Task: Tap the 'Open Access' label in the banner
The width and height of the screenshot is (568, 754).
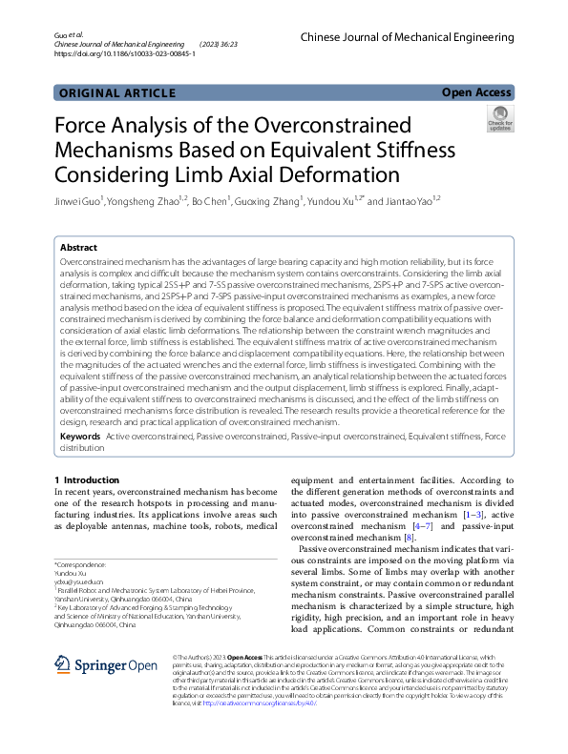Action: tap(476, 92)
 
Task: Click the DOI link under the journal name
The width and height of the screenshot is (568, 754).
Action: tap(125, 54)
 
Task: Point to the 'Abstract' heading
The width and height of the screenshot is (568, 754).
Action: tap(81, 246)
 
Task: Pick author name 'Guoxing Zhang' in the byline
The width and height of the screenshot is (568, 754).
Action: tap(268, 202)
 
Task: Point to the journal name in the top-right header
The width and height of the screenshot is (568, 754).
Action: tap(407, 36)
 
